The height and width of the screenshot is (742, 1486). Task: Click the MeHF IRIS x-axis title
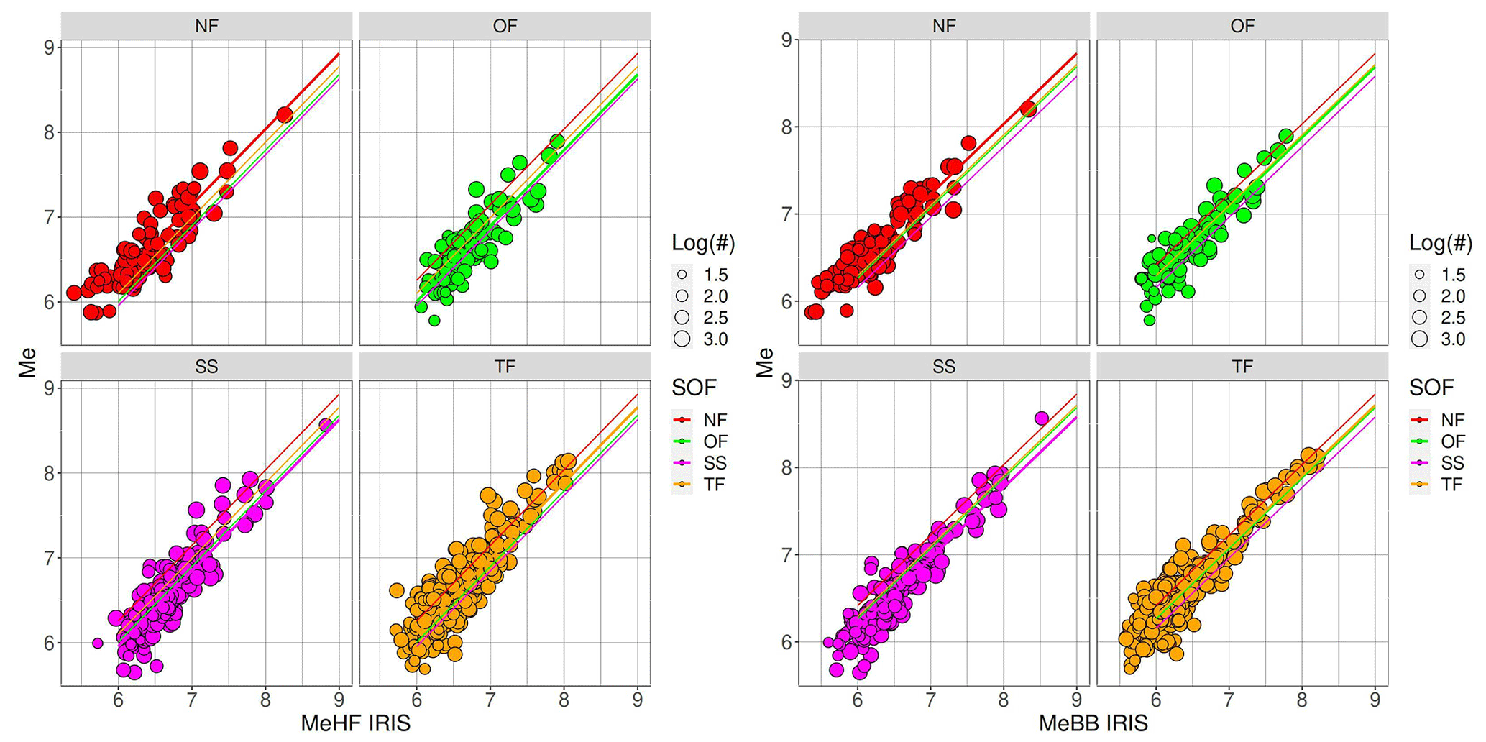click(x=355, y=723)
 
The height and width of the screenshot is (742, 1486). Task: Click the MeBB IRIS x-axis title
click(x=1092, y=723)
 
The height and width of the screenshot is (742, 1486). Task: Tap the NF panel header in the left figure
click(x=206, y=26)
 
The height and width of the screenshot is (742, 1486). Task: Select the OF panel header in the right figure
click(x=1242, y=26)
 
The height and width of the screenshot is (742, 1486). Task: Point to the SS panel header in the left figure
click(x=206, y=367)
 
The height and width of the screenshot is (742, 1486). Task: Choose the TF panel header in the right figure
click(x=1242, y=367)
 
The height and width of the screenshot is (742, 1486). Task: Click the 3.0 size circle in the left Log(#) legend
click(x=682, y=339)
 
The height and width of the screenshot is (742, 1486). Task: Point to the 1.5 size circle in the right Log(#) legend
click(x=1420, y=275)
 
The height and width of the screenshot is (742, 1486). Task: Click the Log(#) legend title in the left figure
click(x=703, y=243)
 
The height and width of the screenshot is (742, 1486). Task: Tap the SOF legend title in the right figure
click(x=1431, y=388)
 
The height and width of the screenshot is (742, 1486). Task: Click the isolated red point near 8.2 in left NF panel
click(x=285, y=115)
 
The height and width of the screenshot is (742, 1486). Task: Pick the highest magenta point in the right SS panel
click(x=1041, y=418)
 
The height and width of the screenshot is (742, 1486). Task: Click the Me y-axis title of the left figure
click(x=27, y=363)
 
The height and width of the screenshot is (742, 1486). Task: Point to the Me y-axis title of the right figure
click(x=764, y=363)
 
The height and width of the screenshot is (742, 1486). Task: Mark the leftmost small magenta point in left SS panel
click(x=98, y=643)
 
